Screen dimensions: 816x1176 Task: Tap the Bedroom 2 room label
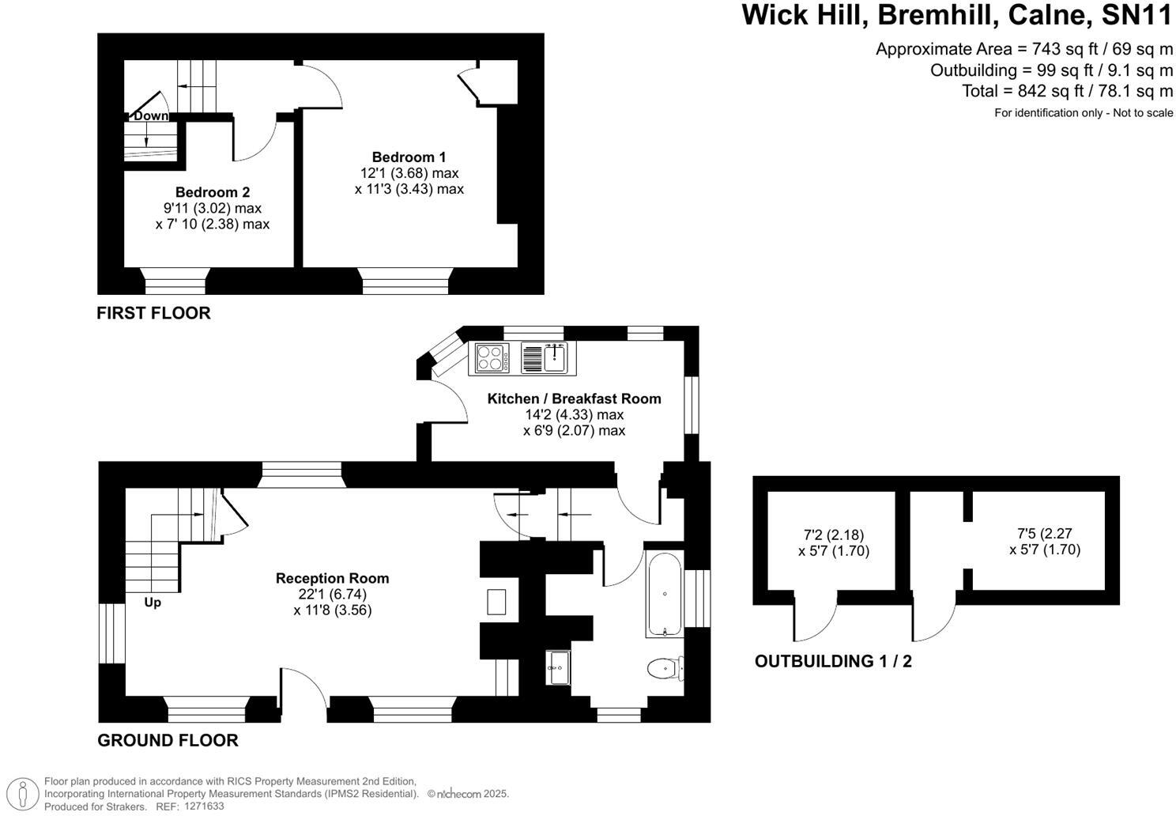pos(213,192)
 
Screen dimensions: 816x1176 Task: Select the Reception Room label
pos(332,579)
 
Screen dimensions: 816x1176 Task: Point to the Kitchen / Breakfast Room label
pos(574,399)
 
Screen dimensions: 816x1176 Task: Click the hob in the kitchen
pos(492,357)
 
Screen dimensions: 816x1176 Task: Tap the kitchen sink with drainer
pos(546,357)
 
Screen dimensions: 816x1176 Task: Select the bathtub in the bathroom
pos(665,594)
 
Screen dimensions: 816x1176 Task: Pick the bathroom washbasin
pos(558,667)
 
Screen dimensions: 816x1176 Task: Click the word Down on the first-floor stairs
pos(150,116)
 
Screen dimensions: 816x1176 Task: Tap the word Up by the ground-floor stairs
pos(153,603)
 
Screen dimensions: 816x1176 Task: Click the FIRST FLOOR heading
pos(153,313)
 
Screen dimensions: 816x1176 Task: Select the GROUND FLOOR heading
pos(168,741)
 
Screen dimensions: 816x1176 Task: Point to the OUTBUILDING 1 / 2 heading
pos(833,662)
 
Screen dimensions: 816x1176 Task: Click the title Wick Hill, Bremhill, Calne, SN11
pos(957,16)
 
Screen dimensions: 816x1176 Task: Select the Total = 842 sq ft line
pos(1067,91)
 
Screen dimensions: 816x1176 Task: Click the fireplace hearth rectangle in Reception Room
pos(497,602)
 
